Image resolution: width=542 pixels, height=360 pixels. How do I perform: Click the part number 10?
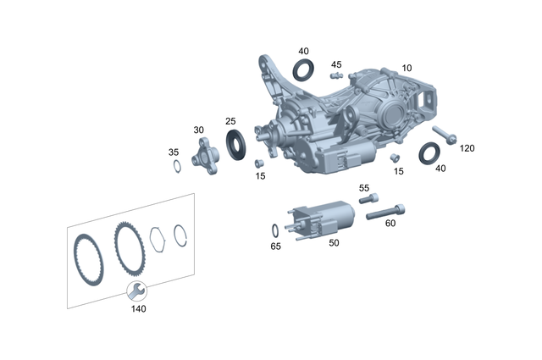point(407,68)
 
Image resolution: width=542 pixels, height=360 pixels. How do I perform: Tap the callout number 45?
point(336,64)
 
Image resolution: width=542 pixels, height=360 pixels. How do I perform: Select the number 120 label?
point(467,148)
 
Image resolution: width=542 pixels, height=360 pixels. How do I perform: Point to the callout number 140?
point(138,309)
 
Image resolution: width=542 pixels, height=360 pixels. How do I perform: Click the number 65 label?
point(275,246)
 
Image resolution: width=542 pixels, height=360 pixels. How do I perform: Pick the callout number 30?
point(199,130)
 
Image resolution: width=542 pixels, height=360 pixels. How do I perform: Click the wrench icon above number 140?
point(135,292)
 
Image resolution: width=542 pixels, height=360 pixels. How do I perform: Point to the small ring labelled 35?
point(175,165)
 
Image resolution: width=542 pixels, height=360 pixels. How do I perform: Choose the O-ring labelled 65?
point(277,230)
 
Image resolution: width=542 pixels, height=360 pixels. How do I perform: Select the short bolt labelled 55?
point(368,200)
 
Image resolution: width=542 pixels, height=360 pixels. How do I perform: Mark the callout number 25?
point(230,122)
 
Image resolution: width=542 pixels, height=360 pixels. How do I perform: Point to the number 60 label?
point(390,224)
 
